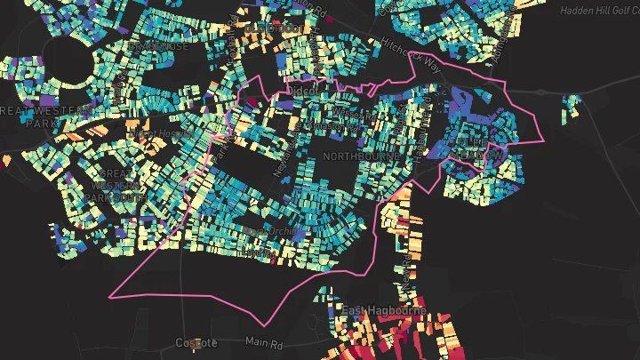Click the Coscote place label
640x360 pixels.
196,343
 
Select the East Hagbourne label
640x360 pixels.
385,310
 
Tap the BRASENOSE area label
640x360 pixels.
158,45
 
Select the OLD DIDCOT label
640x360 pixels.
272,28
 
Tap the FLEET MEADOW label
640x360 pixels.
477,148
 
